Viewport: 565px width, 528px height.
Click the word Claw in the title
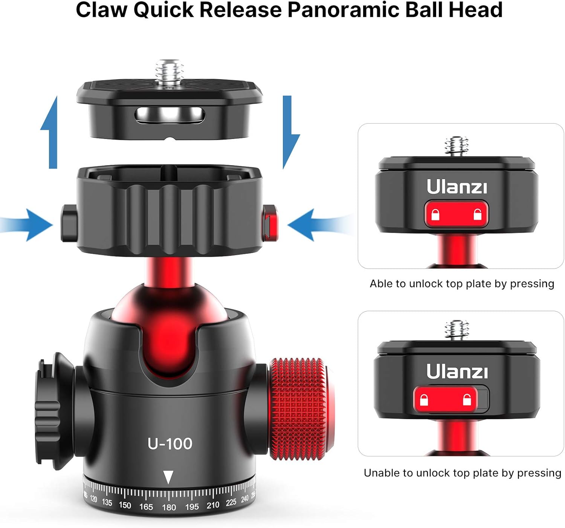[x=101, y=10]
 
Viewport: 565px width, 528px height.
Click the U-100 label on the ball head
[x=170, y=444]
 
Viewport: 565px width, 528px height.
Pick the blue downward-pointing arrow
[x=289, y=132]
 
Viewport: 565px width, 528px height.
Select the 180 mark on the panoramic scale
[x=169, y=507]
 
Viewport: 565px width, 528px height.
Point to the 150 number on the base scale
[x=125, y=505]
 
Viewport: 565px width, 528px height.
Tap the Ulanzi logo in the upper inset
[x=457, y=187]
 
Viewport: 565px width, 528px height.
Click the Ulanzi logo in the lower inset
[x=457, y=371]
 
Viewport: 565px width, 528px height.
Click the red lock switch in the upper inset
[x=456, y=214]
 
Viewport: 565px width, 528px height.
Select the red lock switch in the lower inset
[x=445, y=399]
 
